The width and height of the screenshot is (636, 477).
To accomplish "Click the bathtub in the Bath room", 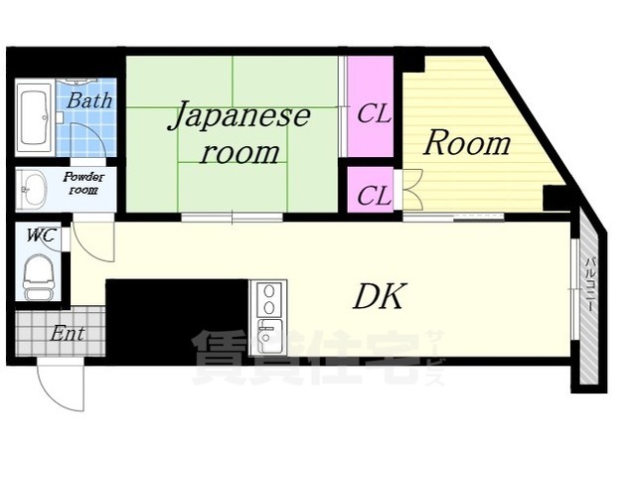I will [35, 118].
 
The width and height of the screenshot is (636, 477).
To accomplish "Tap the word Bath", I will [89, 99].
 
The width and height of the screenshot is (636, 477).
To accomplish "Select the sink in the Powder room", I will [36, 187].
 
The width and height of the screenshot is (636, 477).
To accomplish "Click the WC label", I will [40, 236].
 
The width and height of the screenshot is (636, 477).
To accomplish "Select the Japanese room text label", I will [238, 133].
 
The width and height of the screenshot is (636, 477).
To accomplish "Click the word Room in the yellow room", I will [466, 143].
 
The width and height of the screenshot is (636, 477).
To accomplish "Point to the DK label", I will [379, 296].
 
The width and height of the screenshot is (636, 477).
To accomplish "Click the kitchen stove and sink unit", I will [269, 316].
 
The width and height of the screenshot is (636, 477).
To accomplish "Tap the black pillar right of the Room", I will [556, 197].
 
